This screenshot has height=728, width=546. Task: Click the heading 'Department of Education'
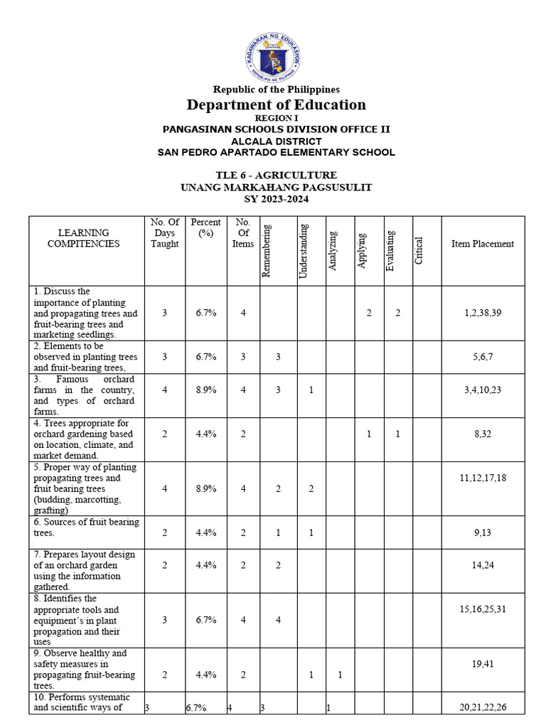click(x=276, y=105)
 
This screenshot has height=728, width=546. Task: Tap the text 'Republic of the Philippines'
click(x=276, y=90)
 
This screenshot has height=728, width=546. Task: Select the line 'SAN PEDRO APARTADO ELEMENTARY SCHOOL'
click(x=276, y=152)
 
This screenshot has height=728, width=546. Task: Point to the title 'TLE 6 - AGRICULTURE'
click(x=276, y=176)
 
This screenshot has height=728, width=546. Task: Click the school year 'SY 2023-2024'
click(x=276, y=199)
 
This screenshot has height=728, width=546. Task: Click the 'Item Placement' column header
click(x=483, y=244)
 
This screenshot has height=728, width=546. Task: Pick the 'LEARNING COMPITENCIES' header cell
click(x=84, y=238)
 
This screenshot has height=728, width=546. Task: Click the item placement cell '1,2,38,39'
click(x=483, y=313)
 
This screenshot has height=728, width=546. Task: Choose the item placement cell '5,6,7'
click(x=483, y=357)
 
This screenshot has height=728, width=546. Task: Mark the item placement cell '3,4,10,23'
click(x=483, y=390)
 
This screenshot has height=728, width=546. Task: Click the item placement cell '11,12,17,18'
click(x=483, y=478)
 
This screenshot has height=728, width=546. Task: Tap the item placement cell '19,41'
click(x=483, y=664)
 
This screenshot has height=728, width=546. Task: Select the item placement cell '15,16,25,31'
click(x=483, y=609)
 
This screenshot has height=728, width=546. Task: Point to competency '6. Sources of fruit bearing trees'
click(x=85, y=528)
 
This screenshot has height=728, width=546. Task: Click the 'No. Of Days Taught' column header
click(x=165, y=233)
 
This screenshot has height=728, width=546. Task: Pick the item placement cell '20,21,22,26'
click(x=483, y=708)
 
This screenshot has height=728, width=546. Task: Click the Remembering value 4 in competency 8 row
click(x=278, y=620)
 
